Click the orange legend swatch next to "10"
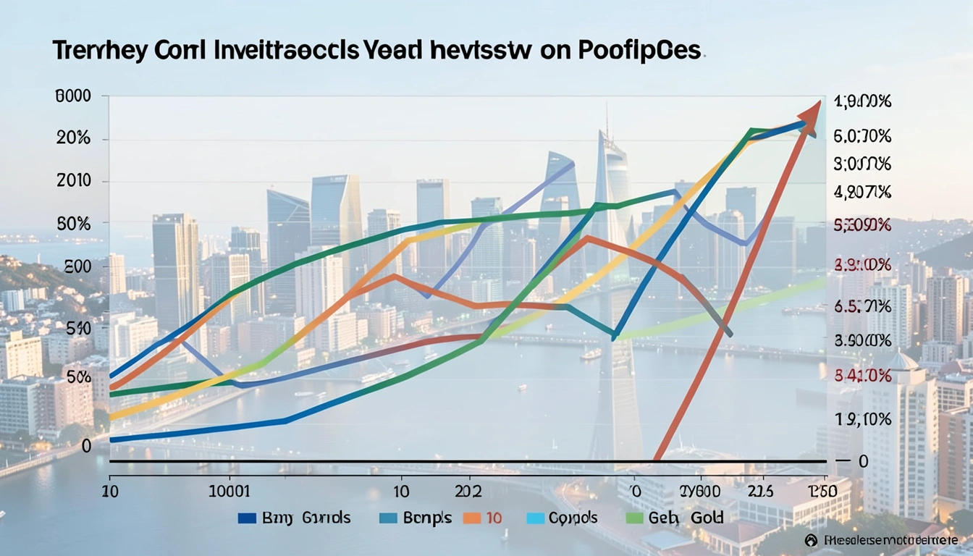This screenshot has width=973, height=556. coord(472,518)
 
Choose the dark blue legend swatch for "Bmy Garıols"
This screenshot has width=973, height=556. coord(247,518)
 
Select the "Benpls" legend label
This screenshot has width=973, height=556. coord(426,518)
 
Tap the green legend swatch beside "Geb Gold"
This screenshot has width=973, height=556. coord(633,518)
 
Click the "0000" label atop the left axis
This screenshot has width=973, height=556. coord(73,97)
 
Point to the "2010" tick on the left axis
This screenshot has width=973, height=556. coord(74,181)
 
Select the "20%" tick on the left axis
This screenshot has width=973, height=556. coord(73,139)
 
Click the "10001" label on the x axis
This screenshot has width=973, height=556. coord(229,492)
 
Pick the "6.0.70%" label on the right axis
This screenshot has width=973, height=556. coord(862,135)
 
